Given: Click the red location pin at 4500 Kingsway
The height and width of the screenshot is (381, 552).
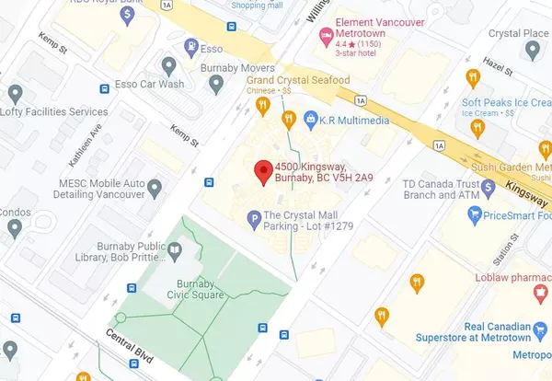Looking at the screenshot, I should coord(262,171).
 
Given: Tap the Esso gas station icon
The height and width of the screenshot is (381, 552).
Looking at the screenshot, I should coord(190,45).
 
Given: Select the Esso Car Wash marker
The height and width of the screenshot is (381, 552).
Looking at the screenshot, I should coord(168,65).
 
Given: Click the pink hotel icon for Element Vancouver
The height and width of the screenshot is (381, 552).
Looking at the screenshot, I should coord(324,36).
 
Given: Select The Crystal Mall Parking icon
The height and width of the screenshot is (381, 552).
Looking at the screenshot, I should coord(255,219).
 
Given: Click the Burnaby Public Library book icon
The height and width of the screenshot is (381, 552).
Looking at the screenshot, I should coord(174,248).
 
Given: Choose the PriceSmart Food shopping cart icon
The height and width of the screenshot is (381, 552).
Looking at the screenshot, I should coord(475,216).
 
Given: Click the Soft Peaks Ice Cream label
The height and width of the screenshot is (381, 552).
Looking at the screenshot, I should coord(506,102).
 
